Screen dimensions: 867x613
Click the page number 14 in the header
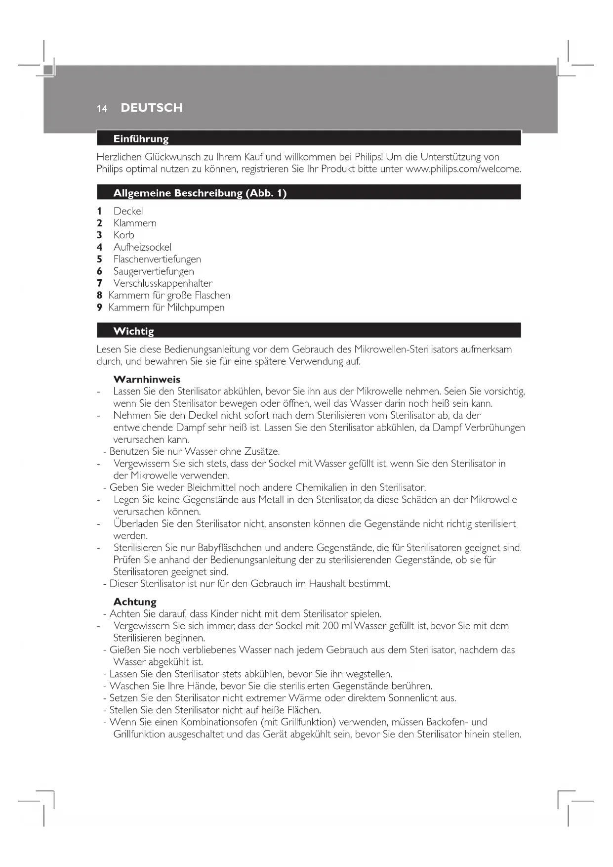click(102, 109)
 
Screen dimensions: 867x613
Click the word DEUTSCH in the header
click(151, 108)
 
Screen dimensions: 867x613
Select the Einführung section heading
click(141, 139)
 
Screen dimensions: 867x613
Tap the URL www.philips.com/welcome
click(463, 169)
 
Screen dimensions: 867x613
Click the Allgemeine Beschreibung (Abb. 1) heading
click(200, 193)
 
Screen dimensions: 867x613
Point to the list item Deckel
click(128, 211)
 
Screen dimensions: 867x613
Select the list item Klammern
click(135, 223)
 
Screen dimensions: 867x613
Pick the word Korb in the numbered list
click(123, 235)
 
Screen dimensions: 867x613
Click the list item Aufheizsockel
click(142, 247)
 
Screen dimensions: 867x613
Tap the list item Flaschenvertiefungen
click(157, 259)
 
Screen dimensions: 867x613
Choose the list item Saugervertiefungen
click(154, 271)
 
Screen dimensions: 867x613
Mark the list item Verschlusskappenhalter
click(163, 283)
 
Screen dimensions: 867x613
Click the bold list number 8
click(99, 296)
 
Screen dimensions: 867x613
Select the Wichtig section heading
click(133, 331)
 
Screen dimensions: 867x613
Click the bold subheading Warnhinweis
click(147, 380)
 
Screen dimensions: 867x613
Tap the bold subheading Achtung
click(135, 602)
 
